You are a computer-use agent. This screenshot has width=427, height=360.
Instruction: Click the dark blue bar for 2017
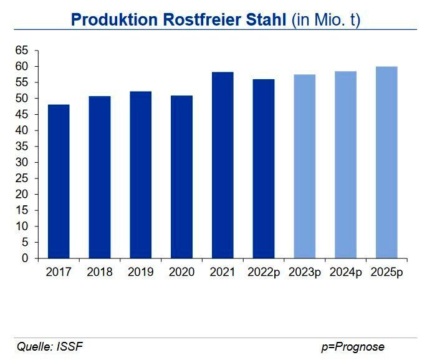[x=59, y=181]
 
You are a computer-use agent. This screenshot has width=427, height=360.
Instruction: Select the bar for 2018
[x=100, y=177]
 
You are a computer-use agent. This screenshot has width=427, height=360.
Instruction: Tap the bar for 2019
[x=140, y=175]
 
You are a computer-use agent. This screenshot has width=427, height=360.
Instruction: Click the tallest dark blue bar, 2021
[x=223, y=165]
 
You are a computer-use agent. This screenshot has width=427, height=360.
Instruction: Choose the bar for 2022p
[x=264, y=168]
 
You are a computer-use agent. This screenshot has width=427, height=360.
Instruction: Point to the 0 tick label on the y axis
[x=25, y=258]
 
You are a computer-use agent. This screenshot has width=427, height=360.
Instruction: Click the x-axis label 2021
[x=223, y=273]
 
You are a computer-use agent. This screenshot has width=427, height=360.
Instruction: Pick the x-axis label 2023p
[x=305, y=273]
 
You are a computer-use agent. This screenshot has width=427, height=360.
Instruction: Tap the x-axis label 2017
[x=59, y=273]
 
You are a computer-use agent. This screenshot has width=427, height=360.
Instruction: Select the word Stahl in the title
[x=264, y=19]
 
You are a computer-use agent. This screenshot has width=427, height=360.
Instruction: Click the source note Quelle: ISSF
[x=49, y=347]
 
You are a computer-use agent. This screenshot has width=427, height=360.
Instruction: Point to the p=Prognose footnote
[x=353, y=347]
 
